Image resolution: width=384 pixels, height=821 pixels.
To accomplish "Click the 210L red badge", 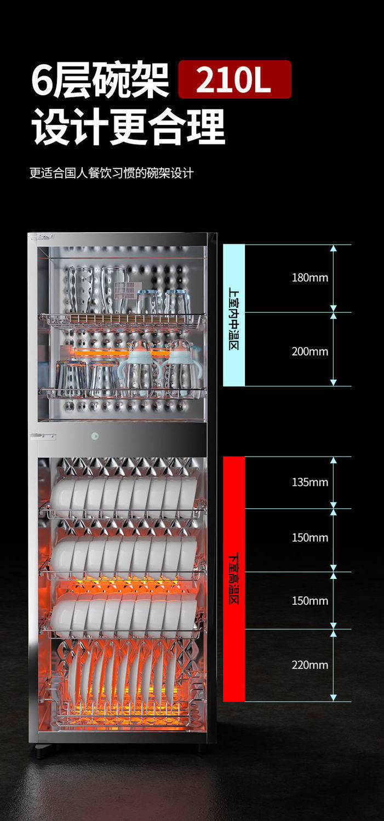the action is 234,79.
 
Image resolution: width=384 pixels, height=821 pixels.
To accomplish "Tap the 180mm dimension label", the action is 310,278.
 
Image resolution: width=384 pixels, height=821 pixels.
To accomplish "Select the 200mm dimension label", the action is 310,352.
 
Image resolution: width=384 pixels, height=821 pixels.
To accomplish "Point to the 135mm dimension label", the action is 310,483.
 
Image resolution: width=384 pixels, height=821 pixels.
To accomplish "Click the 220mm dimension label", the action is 310,665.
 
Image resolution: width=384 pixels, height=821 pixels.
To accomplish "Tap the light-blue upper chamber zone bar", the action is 234,315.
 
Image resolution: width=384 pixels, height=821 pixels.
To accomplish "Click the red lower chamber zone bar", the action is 234,579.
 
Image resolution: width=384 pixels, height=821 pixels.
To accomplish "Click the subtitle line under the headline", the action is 111,174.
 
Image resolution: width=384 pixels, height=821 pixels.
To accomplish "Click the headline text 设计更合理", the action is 128,127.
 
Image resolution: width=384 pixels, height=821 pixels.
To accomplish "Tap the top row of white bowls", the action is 123,496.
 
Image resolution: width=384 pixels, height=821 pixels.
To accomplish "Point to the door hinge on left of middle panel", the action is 44,436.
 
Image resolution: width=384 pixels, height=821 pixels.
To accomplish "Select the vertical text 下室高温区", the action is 234,579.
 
